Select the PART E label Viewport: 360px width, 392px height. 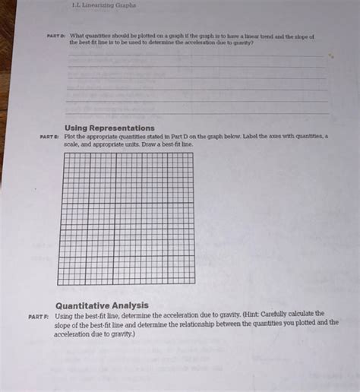coord(51,137)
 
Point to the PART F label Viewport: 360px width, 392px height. coord(39,315)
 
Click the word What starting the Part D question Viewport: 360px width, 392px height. coord(77,36)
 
